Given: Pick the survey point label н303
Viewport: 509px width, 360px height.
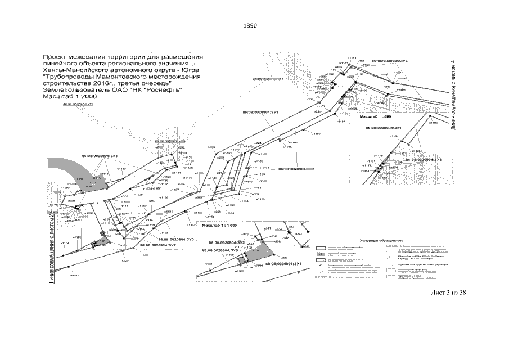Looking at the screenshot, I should pyautogui.click(x=211, y=147).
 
